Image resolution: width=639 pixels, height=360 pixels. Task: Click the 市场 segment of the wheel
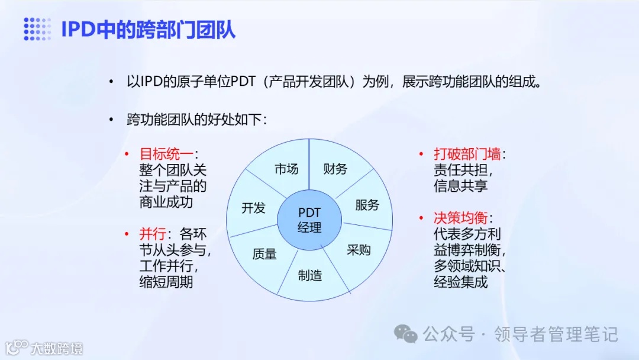tap(286, 169)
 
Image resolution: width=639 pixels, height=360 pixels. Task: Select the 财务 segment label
tap(335, 169)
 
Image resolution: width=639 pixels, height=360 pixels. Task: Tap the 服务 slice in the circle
tap(367, 205)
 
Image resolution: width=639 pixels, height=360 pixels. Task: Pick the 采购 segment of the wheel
tap(358, 249)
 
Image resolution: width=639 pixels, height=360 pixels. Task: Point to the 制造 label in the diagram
tap(310, 275)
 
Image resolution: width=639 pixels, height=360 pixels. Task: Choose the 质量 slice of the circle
tap(264, 254)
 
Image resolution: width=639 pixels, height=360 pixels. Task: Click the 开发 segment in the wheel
tap(253, 208)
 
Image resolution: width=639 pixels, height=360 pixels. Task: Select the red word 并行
tap(150, 234)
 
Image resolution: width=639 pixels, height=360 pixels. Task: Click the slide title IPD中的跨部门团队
tap(148, 29)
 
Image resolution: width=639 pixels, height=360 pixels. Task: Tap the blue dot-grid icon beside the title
tap(37, 29)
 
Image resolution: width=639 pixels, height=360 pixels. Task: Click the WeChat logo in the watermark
tap(406, 335)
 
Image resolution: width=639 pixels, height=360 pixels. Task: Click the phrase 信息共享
tap(460, 186)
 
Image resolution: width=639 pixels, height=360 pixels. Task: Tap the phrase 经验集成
tap(460, 282)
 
